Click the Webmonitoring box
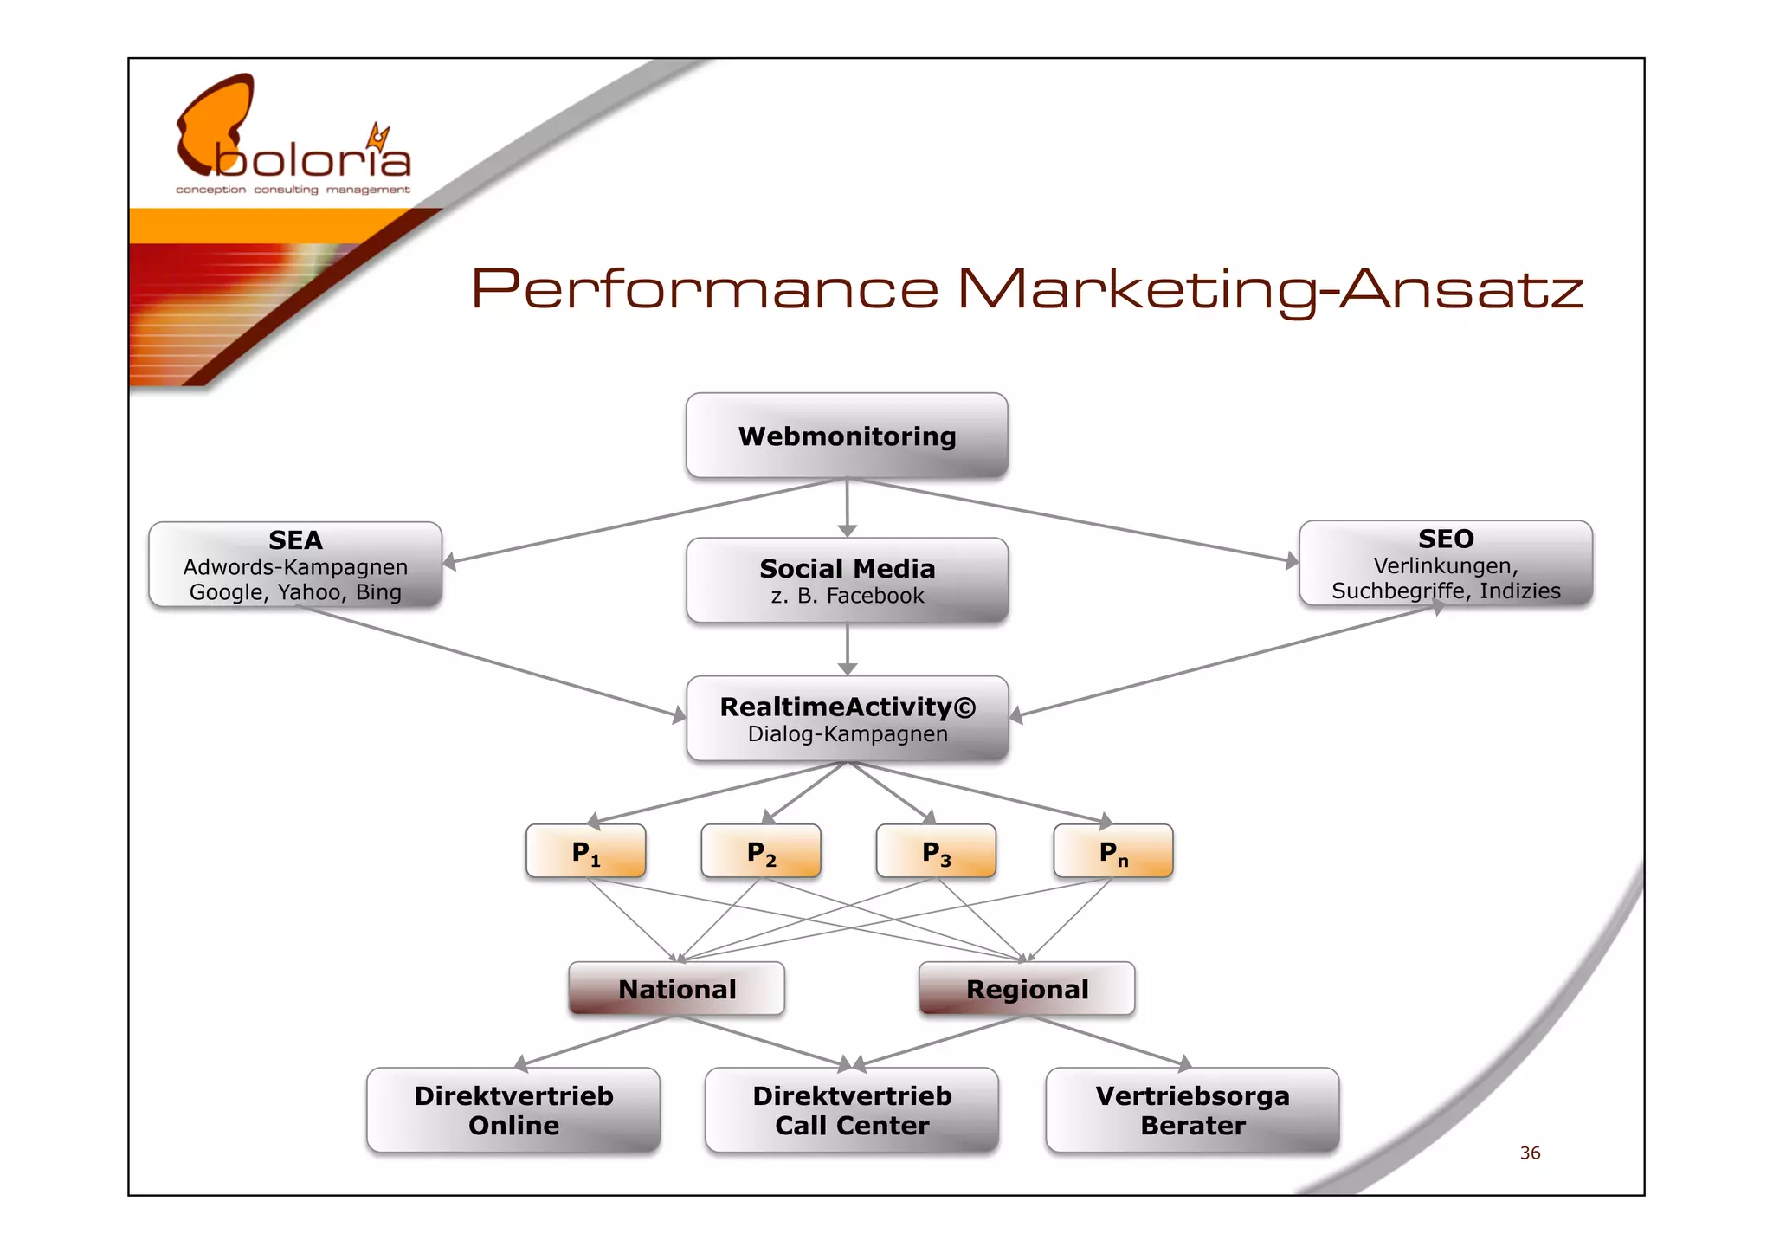point(847,436)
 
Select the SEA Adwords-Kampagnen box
point(295,565)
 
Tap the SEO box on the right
point(1445,564)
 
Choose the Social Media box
point(847,580)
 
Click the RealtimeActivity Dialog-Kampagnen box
point(847,719)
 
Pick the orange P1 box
point(586,852)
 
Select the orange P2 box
point(761,852)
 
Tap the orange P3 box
point(936,852)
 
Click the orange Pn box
point(1113,852)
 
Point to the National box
point(677,989)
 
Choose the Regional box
point(1027,989)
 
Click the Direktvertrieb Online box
point(513,1110)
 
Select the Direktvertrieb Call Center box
point(852,1110)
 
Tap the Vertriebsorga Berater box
point(1192,1110)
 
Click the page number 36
point(1530,1153)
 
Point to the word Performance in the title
point(705,289)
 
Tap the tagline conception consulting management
point(293,190)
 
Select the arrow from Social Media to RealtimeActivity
point(848,649)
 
